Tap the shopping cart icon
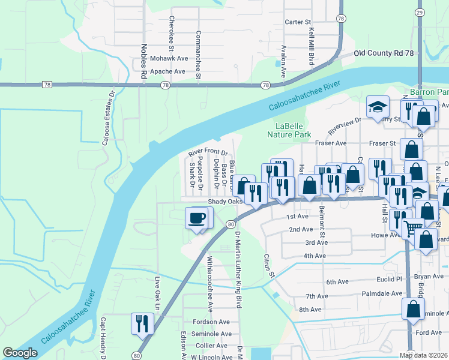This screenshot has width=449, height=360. tap(412, 227)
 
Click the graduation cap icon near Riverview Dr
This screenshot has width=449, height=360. tap(377, 108)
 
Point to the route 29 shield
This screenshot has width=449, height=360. tap(420, 13)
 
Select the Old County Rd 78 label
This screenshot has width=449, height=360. tap(384, 53)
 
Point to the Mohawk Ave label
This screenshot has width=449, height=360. tap(169, 59)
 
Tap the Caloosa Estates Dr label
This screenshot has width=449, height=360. tap(112, 117)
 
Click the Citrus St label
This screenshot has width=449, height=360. tap(268, 265)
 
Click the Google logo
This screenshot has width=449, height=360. tap(20, 353)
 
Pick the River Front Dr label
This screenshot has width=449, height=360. tap(208, 152)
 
